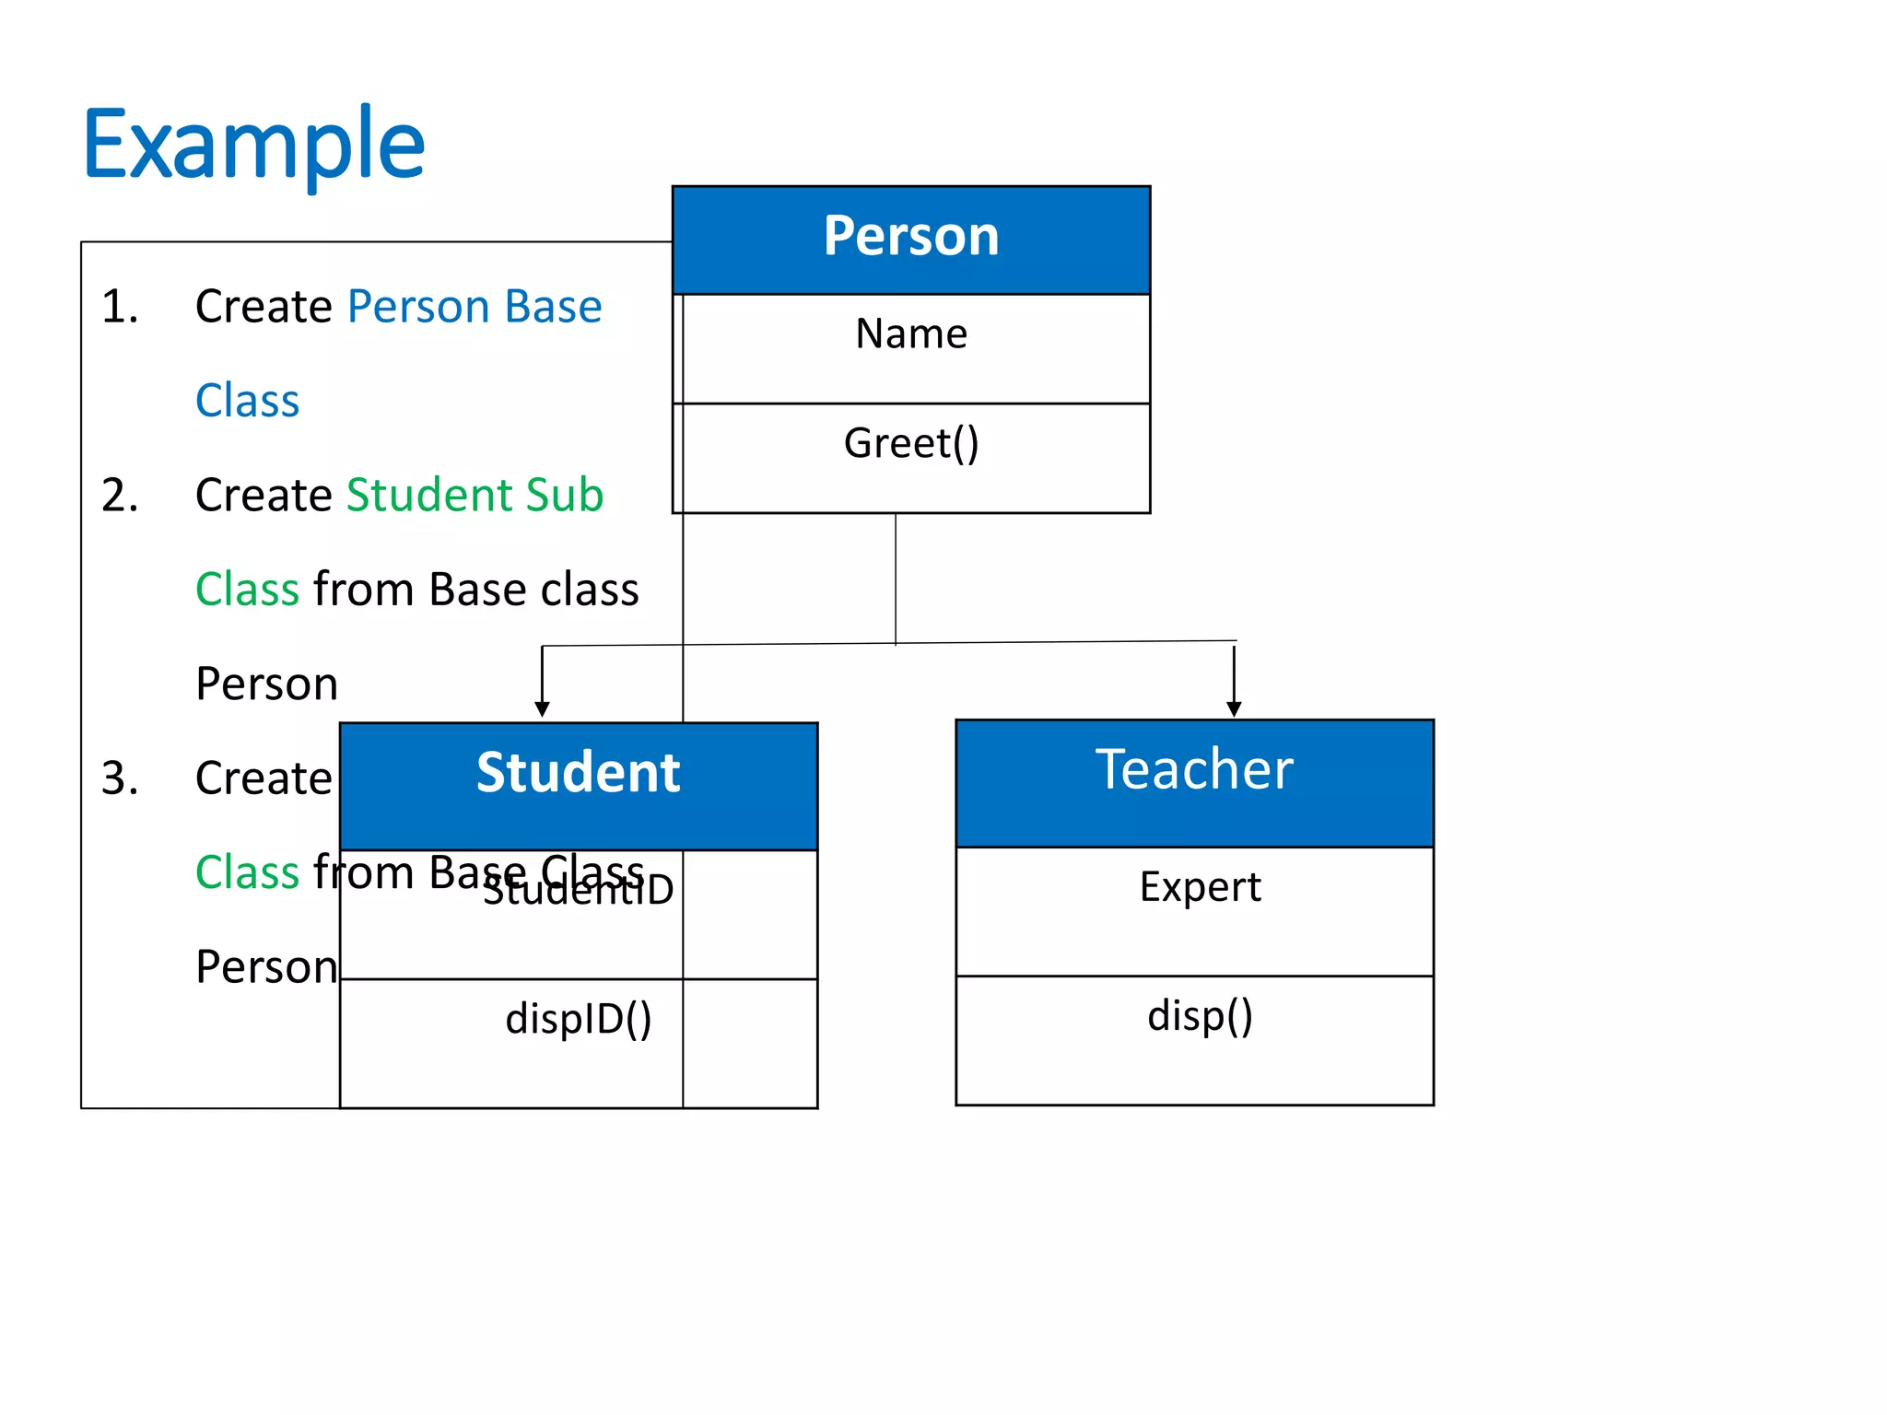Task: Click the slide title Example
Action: pos(253,145)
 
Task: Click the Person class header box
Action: pos(910,239)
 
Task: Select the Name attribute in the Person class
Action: pos(910,333)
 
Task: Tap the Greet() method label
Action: pos(910,443)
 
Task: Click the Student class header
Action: pos(578,774)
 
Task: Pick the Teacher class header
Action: pos(1194,770)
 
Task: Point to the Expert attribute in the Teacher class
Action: pos(1200,887)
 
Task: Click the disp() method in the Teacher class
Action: pos(1200,1016)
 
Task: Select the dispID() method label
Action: pos(578,1019)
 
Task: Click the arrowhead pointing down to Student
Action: pos(542,708)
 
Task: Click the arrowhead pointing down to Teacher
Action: pos(1234,708)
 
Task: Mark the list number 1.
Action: pos(120,307)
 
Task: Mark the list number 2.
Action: pos(120,496)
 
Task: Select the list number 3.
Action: pos(120,778)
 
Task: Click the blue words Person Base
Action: pos(474,307)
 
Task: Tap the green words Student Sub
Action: pos(474,496)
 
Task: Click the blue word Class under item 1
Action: pos(247,402)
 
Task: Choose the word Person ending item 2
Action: pos(266,684)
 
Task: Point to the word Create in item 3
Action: pos(263,778)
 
